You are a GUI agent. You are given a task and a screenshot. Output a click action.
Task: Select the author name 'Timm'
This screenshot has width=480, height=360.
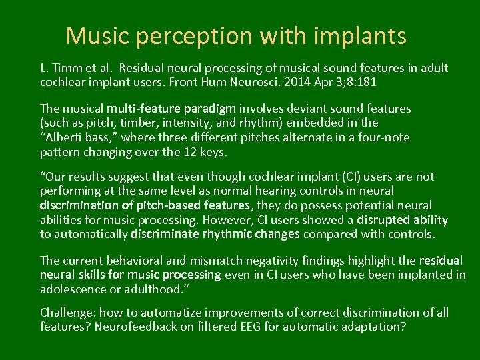click(65, 69)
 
